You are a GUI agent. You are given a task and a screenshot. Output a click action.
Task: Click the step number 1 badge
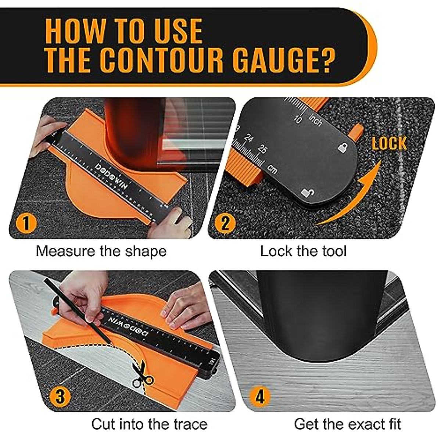(x=26, y=223)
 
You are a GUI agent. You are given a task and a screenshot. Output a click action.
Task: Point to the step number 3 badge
(x=60, y=397)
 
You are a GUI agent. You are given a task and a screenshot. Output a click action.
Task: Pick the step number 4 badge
(x=259, y=397)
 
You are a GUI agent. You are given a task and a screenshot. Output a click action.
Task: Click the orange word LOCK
(x=389, y=144)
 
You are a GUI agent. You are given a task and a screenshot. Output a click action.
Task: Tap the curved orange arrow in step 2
(x=353, y=198)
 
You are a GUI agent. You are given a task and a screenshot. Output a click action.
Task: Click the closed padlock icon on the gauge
(x=342, y=148)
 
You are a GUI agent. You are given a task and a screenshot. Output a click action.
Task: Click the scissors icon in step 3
(x=143, y=375)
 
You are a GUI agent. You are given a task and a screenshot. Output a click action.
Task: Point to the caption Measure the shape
(x=101, y=251)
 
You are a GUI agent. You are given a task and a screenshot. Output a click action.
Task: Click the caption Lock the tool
(x=303, y=251)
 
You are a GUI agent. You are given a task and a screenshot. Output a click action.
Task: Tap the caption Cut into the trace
(x=149, y=424)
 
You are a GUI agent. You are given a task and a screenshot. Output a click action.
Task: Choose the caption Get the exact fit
(x=347, y=424)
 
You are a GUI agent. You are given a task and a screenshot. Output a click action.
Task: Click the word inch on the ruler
(x=316, y=120)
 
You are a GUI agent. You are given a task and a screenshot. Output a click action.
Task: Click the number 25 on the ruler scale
(x=262, y=149)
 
